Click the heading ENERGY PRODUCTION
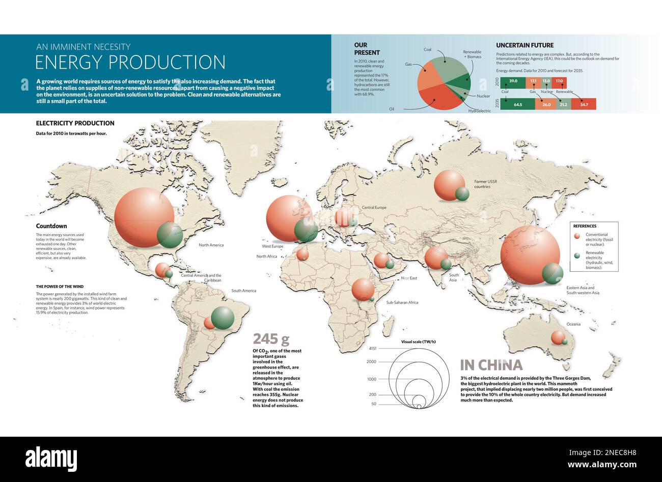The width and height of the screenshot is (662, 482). [130, 62]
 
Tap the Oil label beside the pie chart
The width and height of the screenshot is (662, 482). [392, 109]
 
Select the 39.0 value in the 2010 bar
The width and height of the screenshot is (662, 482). [513, 81]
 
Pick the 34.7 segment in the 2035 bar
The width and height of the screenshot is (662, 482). [584, 104]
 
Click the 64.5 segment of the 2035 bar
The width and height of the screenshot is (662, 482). [518, 104]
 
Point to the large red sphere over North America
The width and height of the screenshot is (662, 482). [144, 217]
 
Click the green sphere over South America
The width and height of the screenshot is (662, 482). [223, 318]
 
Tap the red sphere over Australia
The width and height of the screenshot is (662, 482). [558, 337]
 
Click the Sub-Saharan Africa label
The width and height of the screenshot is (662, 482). [402, 302]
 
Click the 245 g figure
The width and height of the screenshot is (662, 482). [271, 339]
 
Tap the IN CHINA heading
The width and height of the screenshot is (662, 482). [491, 365]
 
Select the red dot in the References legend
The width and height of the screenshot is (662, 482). [576, 236]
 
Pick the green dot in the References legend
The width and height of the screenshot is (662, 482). [576, 256]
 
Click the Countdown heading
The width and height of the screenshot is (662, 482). [51, 226]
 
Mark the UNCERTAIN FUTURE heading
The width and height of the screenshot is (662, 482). [525, 45]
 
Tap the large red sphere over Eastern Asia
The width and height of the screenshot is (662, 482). [530, 254]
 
